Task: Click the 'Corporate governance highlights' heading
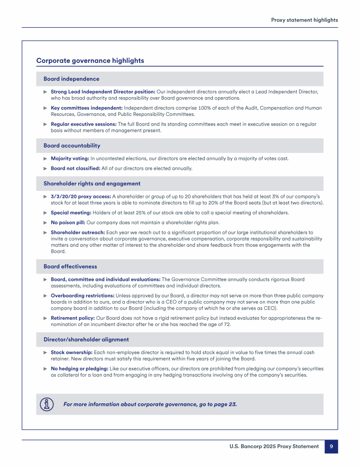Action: pyautogui.click(x=90, y=61)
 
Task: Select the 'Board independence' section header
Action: pyautogui.click(x=71, y=79)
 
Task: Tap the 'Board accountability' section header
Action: pyautogui.click(x=72, y=146)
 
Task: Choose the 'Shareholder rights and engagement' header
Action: pyautogui.click(x=92, y=184)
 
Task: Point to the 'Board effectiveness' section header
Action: pyautogui.click(x=70, y=266)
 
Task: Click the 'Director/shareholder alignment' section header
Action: pyautogui.click(x=86, y=340)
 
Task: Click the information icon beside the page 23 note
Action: pyautogui.click(x=46, y=404)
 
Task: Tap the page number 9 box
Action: pyautogui.click(x=331, y=446)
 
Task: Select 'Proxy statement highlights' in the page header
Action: pyautogui.click(x=304, y=20)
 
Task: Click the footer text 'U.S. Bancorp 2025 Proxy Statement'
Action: pyautogui.click(x=274, y=446)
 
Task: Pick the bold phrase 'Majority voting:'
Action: pyautogui.click(x=70, y=159)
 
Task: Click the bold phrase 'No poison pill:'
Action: pyautogui.click(x=68, y=222)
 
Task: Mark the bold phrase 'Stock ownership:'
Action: pyautogui.click(x=71, y=352)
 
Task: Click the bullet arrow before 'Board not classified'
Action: pyautogui.click(x=45, y=168)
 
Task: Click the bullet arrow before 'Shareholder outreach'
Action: pyautogui.click(x=45, y=232)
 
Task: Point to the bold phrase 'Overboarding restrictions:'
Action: pyautogui.click(x=82, y=296)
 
